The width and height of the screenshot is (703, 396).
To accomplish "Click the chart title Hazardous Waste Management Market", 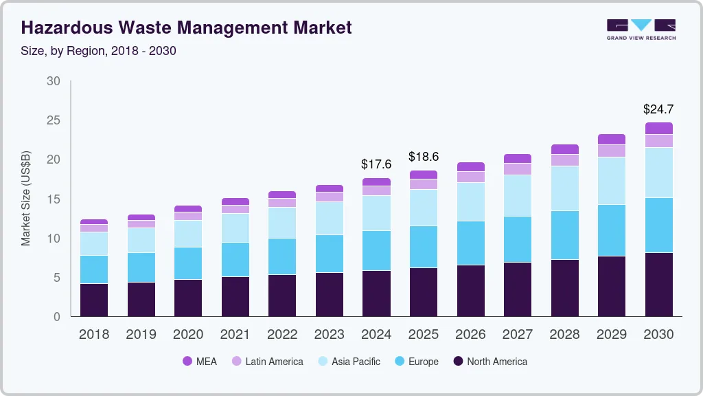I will (186, 27).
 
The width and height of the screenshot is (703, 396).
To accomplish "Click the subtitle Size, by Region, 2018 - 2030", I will (99, 51).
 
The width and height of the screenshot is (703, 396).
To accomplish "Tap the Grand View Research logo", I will (641, 29).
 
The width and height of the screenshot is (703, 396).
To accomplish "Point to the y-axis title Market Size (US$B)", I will (25, 199).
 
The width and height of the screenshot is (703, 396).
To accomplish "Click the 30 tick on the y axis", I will (53, 81).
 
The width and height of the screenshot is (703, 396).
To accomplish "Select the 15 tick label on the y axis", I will (53, 199).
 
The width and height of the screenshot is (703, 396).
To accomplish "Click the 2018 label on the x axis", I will (94, 335).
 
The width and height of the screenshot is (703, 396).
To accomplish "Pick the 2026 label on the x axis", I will (470, 335).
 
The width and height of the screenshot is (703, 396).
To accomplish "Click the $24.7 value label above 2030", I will (658, 109).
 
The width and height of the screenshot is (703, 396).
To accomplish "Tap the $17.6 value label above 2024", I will (376, 164).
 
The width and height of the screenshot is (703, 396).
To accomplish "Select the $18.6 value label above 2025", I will (423, 157).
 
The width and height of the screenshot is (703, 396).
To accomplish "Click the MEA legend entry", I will (199, 361).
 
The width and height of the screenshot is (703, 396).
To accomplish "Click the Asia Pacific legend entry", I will (348, 361).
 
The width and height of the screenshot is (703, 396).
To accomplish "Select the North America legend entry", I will (489, 361).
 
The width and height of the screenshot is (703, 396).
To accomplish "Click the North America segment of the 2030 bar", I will (658, 285).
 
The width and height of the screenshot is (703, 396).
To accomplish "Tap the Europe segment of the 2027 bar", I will (518, 239).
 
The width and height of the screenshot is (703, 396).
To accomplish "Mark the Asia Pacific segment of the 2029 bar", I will (612, 181).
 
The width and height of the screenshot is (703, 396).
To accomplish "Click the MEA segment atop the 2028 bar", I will (564, 149).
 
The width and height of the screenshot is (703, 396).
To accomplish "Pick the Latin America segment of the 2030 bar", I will (658, 141).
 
